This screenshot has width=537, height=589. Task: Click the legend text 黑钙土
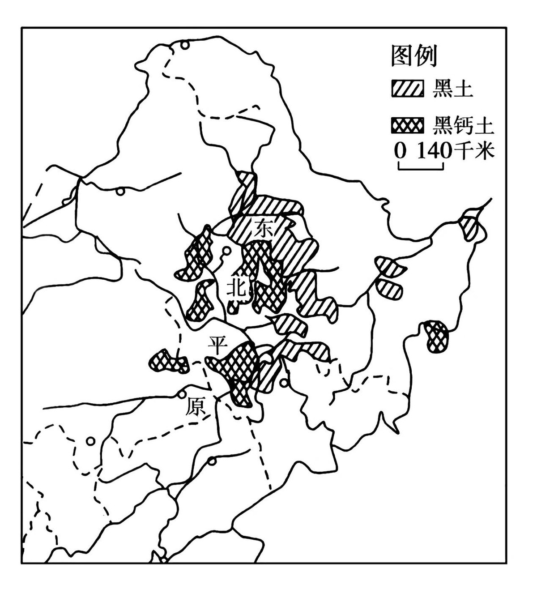(463, 126)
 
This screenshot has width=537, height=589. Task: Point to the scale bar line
(420, 168)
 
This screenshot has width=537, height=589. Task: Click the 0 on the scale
(401, 151)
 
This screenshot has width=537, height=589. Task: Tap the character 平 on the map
(217, 345)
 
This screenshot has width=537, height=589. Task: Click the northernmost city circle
(185, 45)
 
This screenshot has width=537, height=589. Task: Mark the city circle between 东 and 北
(227, 251)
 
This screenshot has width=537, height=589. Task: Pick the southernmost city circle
(213, 461)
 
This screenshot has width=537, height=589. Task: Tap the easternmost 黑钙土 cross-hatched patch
(436, 336)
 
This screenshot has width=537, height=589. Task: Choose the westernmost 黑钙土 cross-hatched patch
(168, 361)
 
